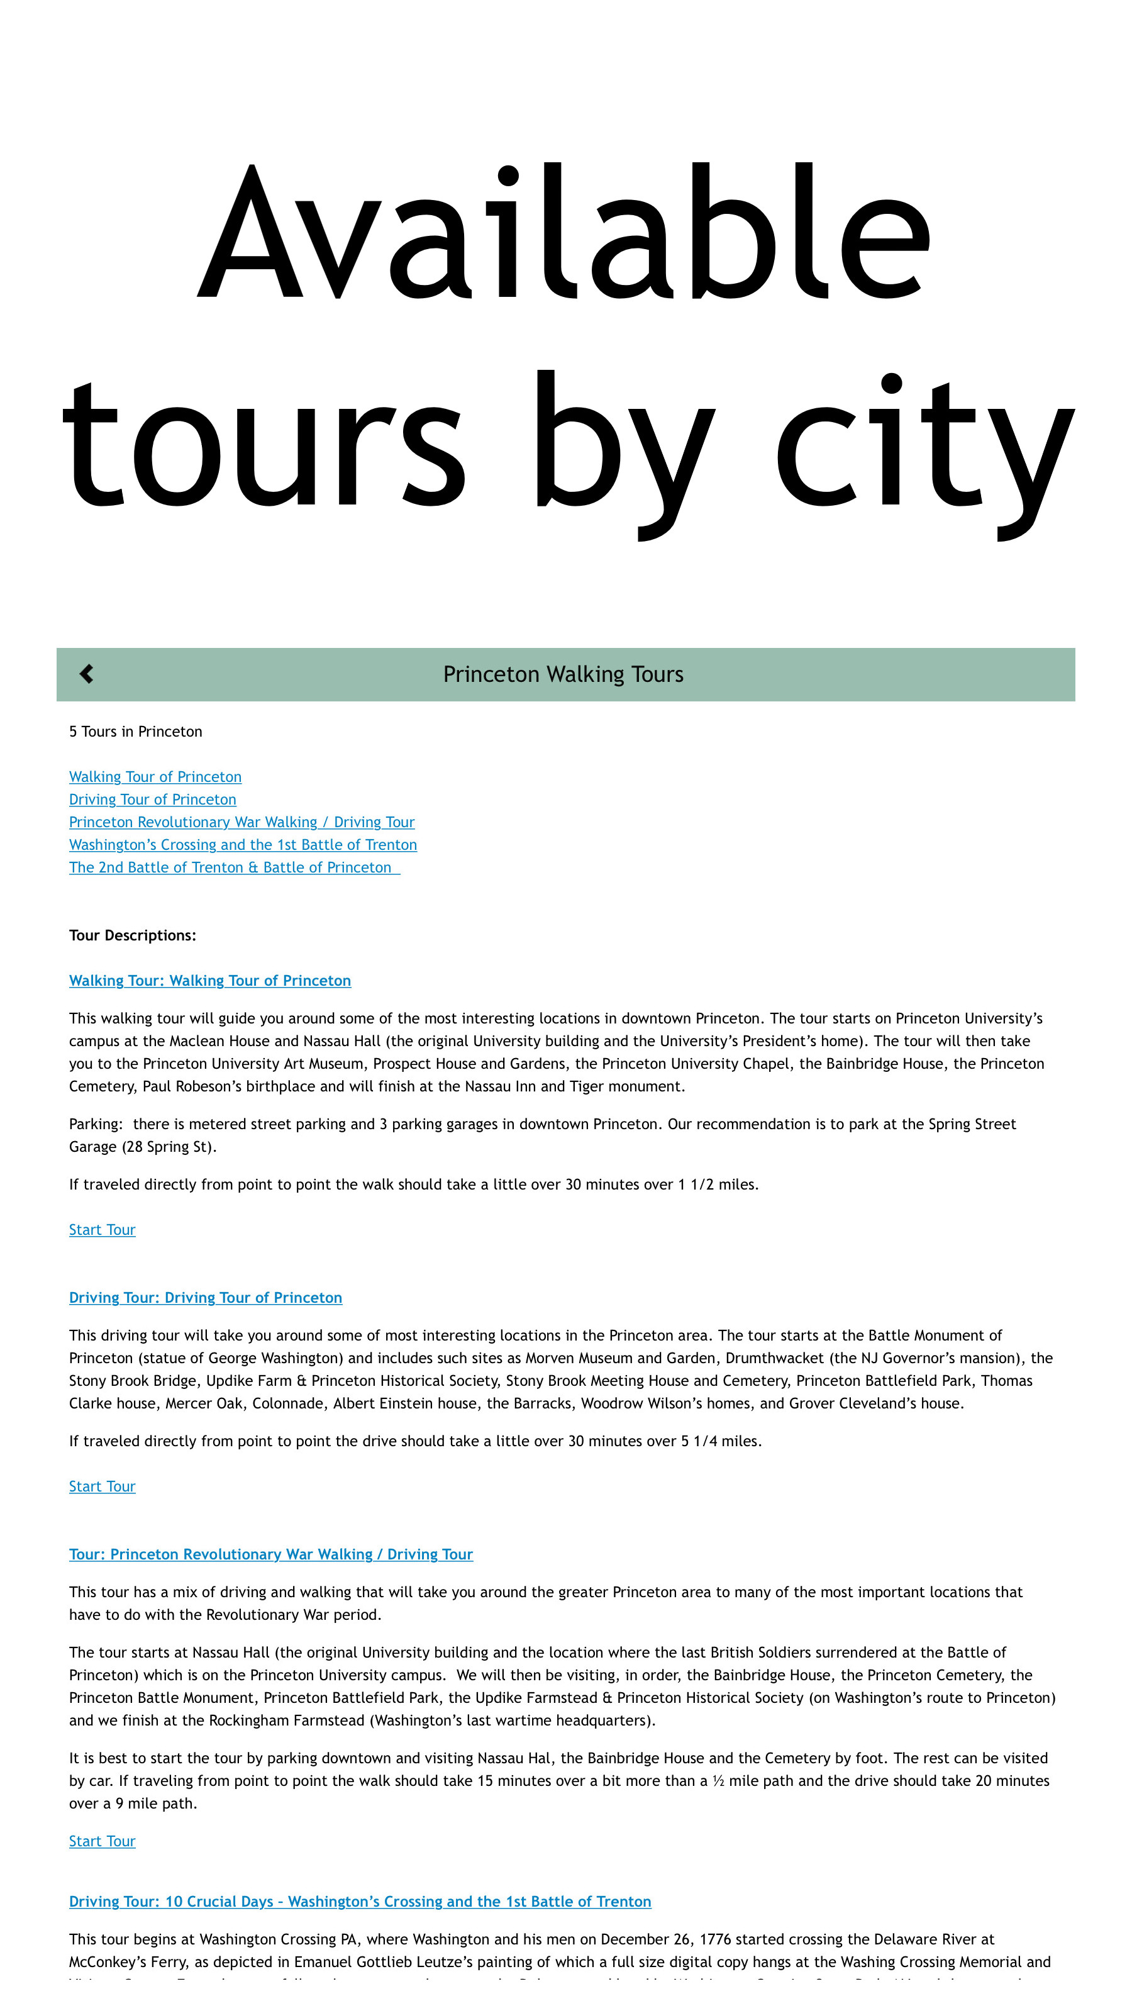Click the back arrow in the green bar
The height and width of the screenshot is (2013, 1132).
pos(87,674)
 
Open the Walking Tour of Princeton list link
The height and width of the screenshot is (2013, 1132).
pos(155,777)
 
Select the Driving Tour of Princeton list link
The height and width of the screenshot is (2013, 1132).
pos(152,800)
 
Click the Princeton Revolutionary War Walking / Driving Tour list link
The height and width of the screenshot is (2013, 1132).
pos(241,822)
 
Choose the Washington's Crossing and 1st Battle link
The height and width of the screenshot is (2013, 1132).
pos(242,845)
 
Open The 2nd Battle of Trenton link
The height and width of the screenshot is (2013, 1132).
pos(232,867)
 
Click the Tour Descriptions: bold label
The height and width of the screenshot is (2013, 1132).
pos(132,935)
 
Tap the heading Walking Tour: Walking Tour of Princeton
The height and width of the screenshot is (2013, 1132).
pos(209,981)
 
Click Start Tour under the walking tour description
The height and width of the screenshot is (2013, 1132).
pos(101,1230)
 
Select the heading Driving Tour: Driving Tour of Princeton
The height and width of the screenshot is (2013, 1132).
pos(204,1298)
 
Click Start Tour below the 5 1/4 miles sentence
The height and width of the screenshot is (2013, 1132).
pos(101,1486)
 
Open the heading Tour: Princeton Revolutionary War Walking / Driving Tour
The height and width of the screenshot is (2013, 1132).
pos(270,1554)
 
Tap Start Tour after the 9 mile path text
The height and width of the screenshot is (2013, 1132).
pos(101,1841)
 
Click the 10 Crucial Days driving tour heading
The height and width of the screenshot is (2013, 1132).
pos(359,1901)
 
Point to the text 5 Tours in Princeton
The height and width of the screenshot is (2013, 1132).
pos(135,732)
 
